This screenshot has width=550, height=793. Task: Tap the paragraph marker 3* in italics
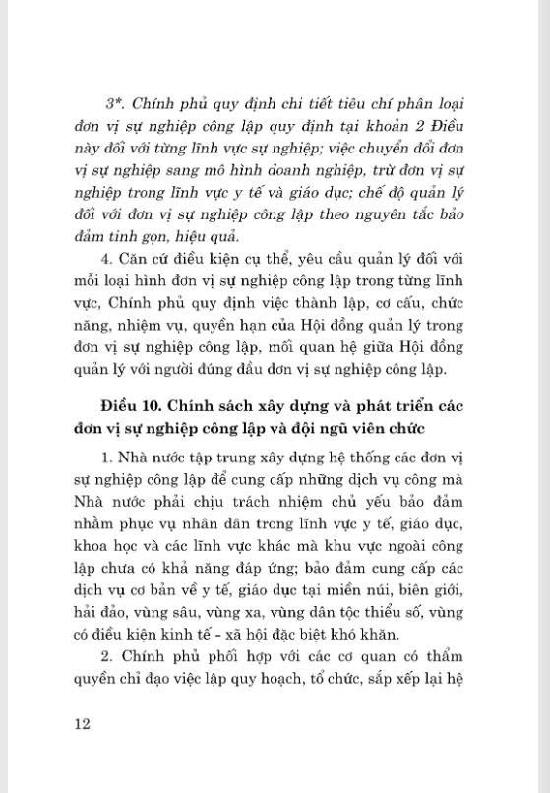pos(110,103)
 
